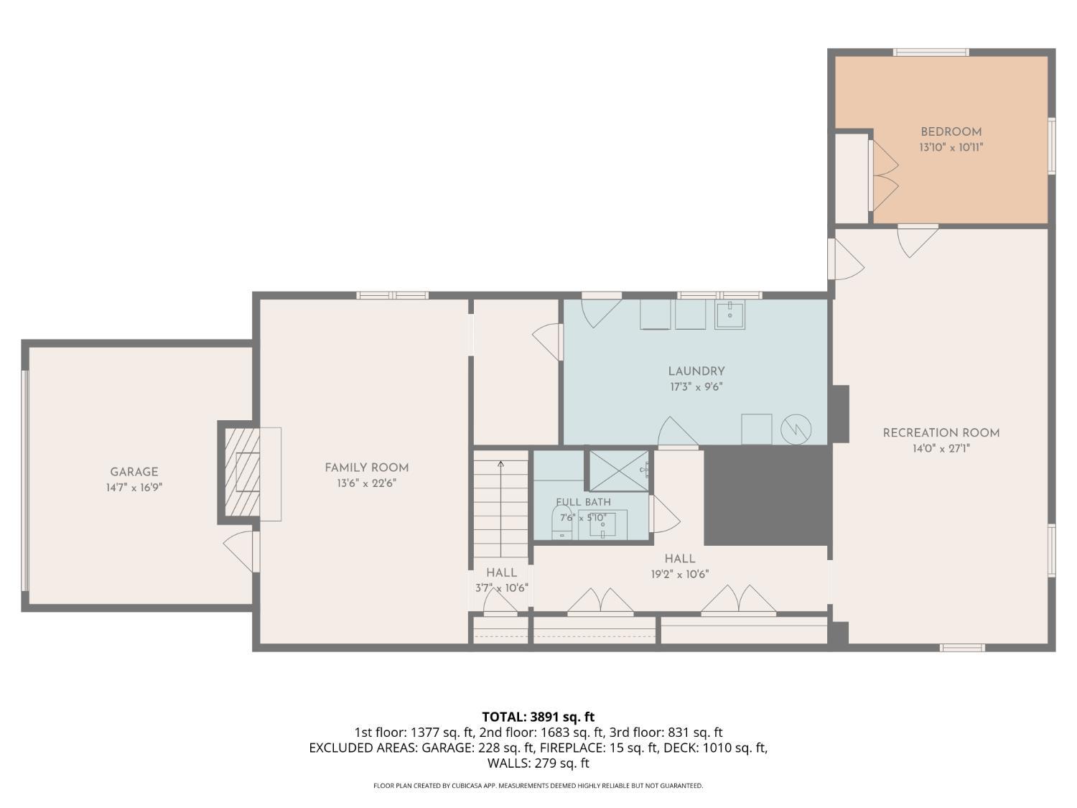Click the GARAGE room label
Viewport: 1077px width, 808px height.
click(134, 472)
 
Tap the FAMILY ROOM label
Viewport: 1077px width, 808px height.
click(366, 468)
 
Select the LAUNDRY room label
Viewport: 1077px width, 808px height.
click(696, 371)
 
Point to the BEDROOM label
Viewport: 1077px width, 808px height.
click(951, 131)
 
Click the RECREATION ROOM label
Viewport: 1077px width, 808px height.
click(941, 432)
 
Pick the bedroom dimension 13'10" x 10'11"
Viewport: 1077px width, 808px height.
click(951, 147)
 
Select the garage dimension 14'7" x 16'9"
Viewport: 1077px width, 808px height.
click(134, 488)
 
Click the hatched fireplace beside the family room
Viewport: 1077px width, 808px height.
click(243, 473)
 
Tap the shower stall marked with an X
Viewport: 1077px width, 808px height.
click(619, 471)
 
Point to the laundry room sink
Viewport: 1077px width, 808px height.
click(729, 315)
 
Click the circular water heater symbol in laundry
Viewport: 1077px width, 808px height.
click(796, 430)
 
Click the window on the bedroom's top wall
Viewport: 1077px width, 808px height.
click(931, 52)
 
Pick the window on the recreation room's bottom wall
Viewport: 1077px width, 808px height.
click(961, 648)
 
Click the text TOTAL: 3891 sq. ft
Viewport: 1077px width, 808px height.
click(538, 718)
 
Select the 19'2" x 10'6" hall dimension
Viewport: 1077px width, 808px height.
click(680, 574)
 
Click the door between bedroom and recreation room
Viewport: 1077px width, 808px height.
click(918, 241)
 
